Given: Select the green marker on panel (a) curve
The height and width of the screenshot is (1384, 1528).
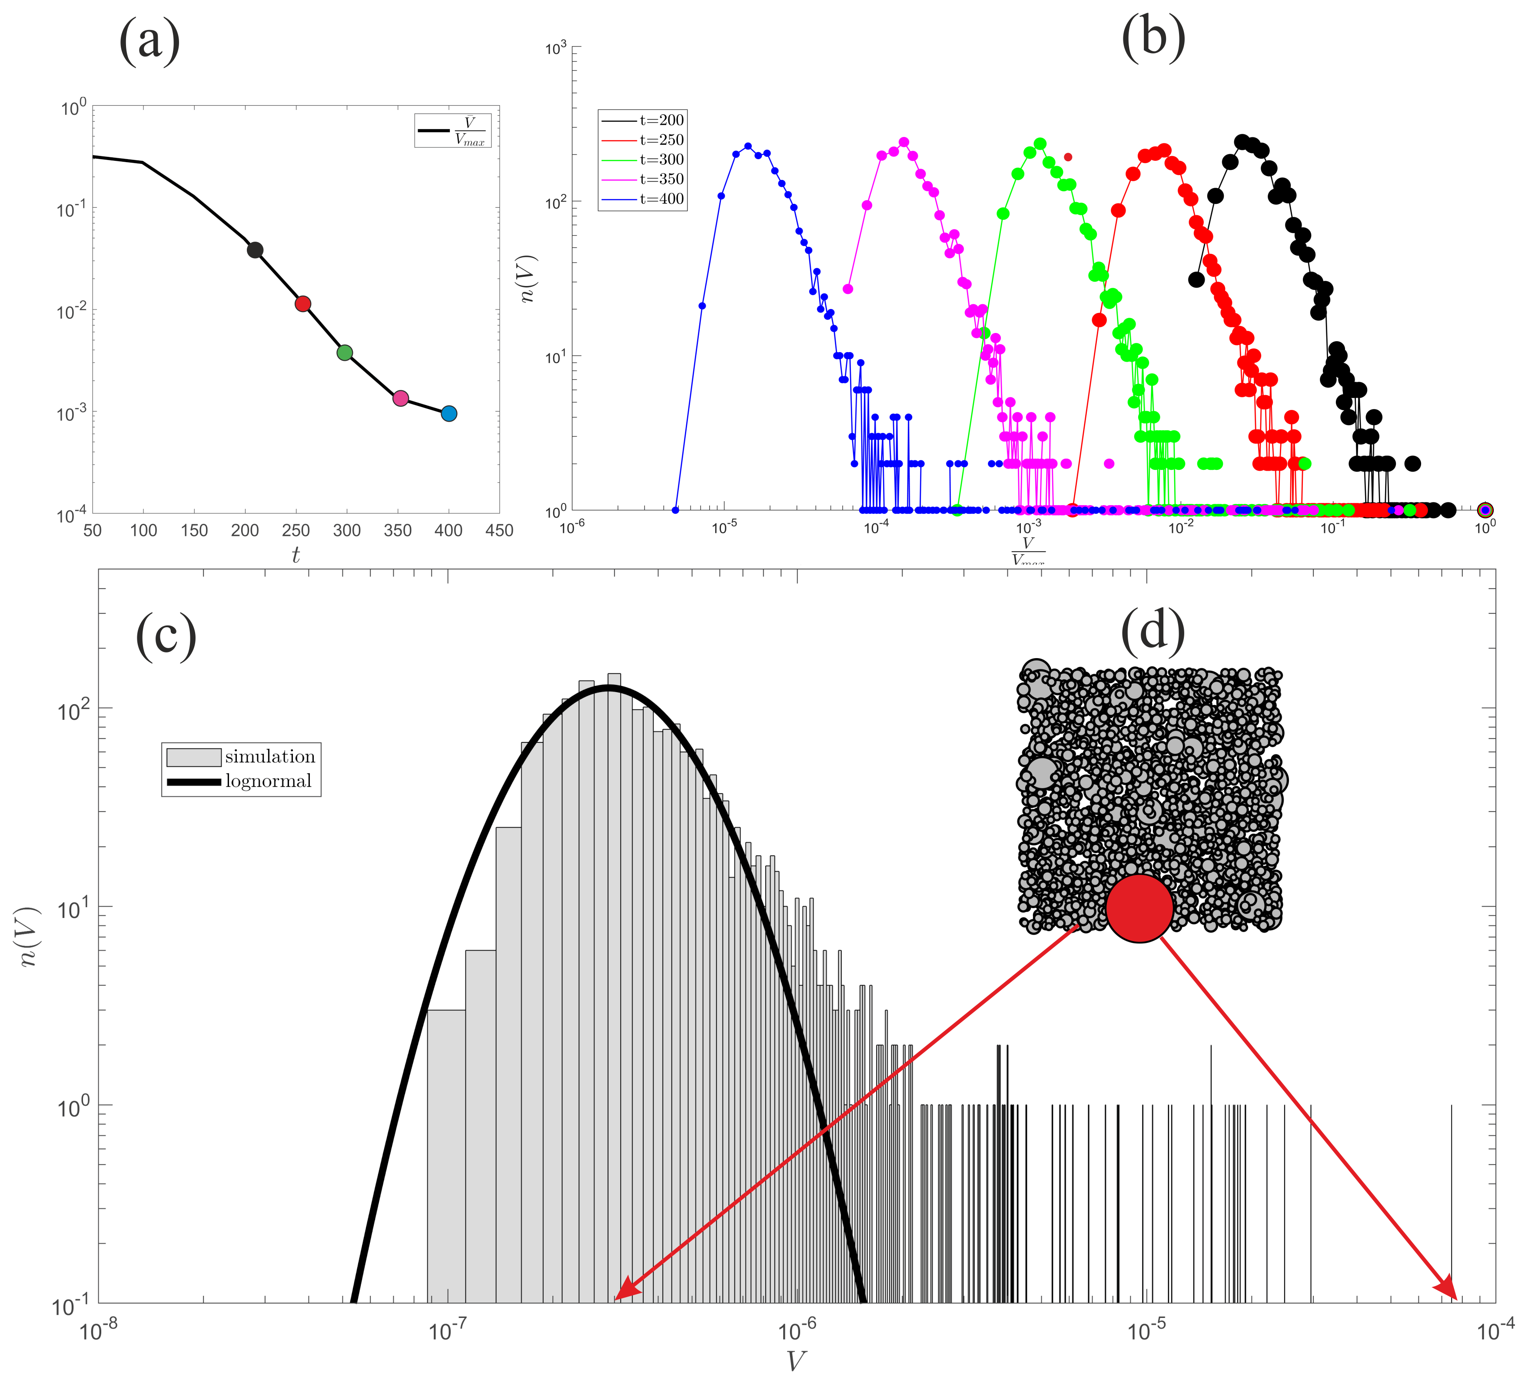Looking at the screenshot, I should pyautogui.click(x=345, y=353).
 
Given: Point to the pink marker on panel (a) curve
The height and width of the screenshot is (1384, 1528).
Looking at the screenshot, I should pyautogui.click(x=401, y=398).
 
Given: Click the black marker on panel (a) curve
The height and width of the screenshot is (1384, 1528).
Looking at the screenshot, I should pyautogui.click(x=256, y=250).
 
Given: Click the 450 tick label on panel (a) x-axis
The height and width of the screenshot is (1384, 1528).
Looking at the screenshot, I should pyautogui.click(x=499, y=531).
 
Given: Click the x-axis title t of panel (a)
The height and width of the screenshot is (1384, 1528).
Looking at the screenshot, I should pyautogui.click(x=296, y=556).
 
